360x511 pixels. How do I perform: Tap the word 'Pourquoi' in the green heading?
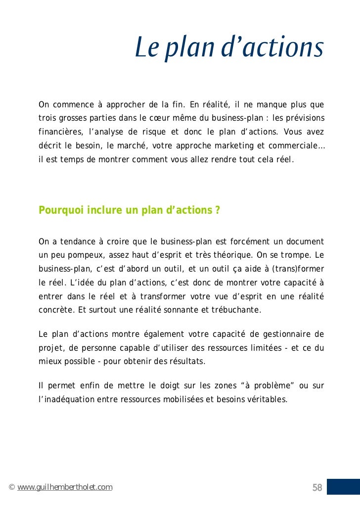click(61, 210)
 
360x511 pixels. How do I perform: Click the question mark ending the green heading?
click(218, 210)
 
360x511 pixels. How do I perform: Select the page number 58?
click(317, 488)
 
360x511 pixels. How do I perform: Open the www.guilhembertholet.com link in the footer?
click(65, 488)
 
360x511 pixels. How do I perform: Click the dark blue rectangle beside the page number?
click(343, 487)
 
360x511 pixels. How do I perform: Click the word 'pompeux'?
click(80, 256)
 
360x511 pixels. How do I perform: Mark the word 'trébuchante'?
click(239, 311)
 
